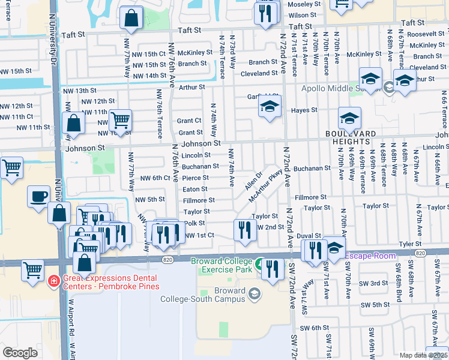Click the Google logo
[x=20, y=352]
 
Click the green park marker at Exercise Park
[x=259, y=263]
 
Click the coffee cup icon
[x=39, y=196]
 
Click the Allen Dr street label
[x=254, y=181]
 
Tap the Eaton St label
[x=195, y=189]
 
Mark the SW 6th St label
[x=312, y=328]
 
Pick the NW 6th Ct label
[x=155, y=178]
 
